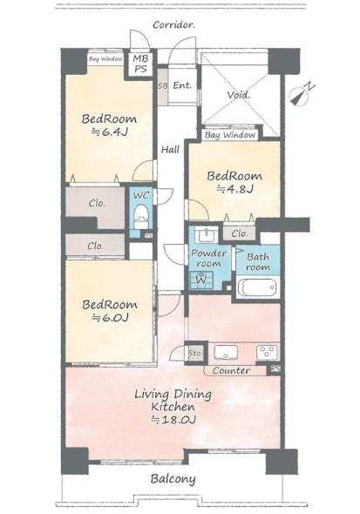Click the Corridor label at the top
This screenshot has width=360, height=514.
173,25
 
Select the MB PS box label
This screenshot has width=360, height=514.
141,64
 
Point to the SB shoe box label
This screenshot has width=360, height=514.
163,86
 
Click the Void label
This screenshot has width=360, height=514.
239,95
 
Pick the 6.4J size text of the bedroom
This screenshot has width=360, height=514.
109,132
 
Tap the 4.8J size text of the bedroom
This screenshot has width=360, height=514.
234,189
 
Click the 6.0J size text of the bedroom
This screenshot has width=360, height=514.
110,317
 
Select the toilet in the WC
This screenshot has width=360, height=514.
141,216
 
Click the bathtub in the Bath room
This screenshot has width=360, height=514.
257,287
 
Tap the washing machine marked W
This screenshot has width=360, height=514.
201,280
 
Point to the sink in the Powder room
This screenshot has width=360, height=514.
207,234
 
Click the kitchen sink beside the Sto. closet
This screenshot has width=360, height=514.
226,353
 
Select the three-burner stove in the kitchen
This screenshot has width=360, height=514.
267,352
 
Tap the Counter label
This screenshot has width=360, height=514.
231,371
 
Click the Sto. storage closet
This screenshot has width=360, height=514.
196,354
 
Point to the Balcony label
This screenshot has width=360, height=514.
173,479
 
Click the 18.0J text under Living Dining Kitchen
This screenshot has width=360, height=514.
173,420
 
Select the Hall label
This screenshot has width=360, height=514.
170,150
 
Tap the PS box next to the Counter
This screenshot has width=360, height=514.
275,369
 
